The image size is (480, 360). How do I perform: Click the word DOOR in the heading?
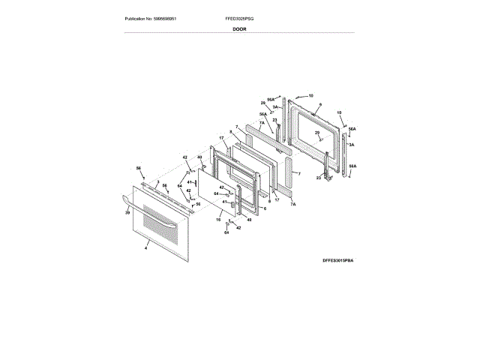(239, 28)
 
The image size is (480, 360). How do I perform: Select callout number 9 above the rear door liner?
(319, 105)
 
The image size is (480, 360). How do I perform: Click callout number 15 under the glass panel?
(218, 220)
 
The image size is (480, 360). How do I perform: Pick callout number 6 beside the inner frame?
(264, 208)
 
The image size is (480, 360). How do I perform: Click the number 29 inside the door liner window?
(316, 133)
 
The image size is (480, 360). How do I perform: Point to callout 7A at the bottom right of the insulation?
(293, 203)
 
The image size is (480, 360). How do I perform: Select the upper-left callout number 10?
(310, 96)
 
